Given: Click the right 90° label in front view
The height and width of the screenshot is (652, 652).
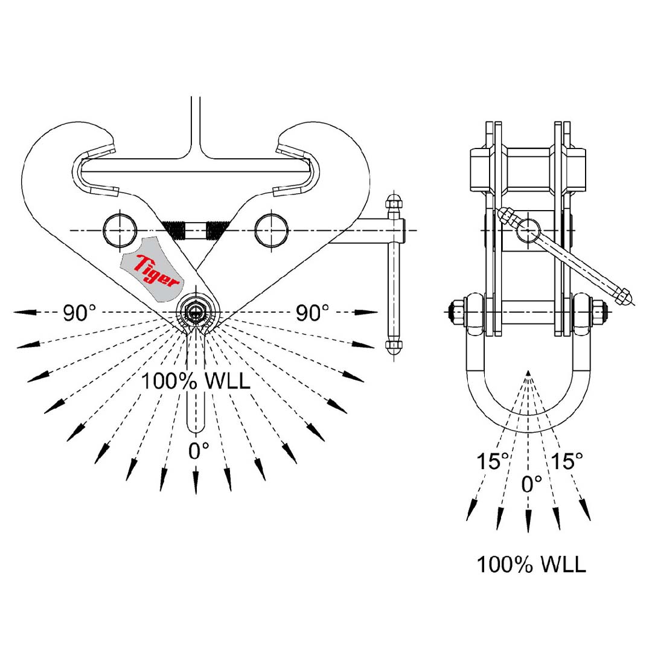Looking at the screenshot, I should click(x=312, y=312).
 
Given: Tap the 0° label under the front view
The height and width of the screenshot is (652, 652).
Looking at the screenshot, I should click(x=199, y=450).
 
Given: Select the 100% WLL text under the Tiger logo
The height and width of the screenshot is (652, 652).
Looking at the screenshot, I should click(x=196, y=382).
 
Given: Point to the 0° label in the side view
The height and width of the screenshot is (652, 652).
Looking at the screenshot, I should click(x=531, y=482).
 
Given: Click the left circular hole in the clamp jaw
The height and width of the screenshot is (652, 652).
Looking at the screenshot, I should click(x=119, y=229).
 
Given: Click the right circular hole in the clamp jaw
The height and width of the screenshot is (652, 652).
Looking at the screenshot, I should click(x=270, y=229).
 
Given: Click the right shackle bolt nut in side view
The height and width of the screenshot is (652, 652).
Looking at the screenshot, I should click(x=599, y=312).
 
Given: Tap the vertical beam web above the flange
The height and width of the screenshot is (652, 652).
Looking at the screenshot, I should click(x=196, y=127).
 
